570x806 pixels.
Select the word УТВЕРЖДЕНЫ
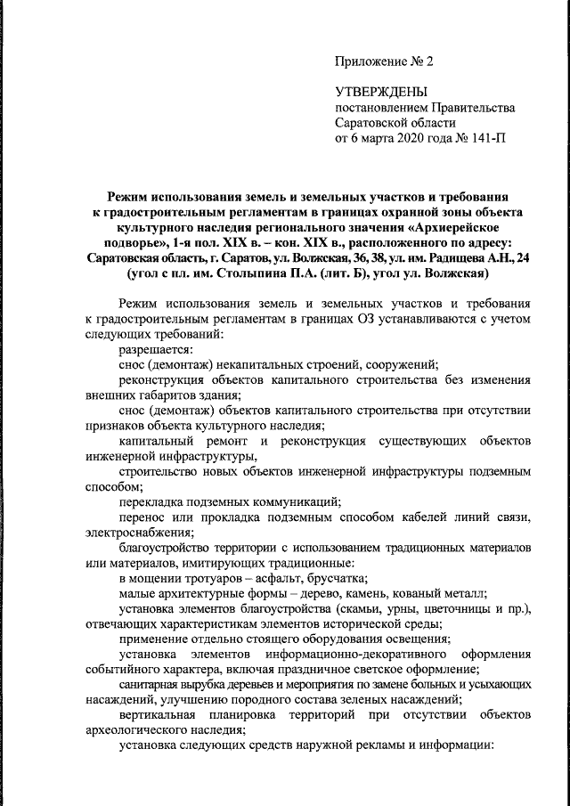(x=381, y=92)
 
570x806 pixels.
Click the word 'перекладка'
(x=151, y=502)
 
